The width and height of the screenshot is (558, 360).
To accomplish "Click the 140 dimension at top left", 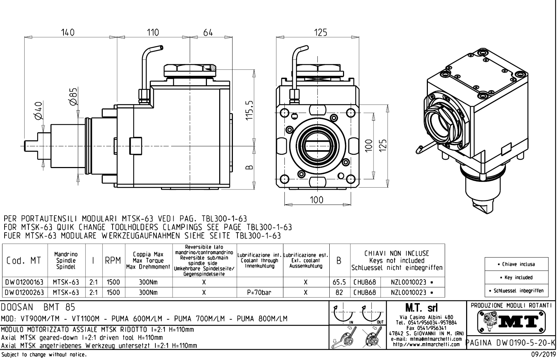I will pos(67,32).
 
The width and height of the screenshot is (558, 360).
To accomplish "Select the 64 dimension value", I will pos(208,32).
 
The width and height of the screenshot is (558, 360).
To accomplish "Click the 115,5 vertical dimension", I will pos(249,110).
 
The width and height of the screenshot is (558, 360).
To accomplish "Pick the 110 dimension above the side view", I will pos(153,32).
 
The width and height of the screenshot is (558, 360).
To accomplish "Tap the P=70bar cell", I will pos(260,292).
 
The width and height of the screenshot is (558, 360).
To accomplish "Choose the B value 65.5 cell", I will pos(339,282).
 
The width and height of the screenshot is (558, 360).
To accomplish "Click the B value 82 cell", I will pos(339,292).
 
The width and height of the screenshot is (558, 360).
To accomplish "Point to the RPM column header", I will pos(113,261).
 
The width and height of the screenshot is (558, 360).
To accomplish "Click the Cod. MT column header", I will pos(24,261).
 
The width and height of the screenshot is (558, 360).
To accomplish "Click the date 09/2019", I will pos(542,355).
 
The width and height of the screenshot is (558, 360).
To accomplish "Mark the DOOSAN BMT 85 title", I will pos(38,307).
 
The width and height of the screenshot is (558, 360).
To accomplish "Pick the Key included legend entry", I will pos(516,278).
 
